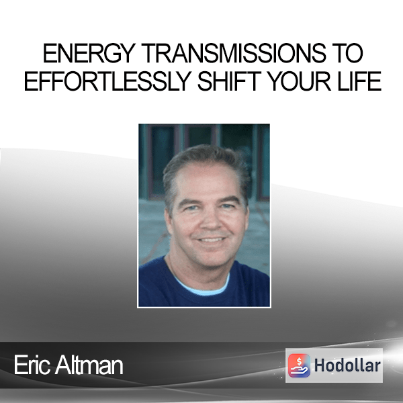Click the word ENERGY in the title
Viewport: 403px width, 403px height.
click(x=89, y=53)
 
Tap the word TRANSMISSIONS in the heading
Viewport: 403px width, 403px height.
click(x=233, y=53)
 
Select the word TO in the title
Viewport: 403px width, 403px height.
click(x=347, y=53)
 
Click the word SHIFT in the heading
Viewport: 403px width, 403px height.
click(x=229, y=81)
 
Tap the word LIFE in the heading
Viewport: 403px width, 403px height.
click(x=359, y=81)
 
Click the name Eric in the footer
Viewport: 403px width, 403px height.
click(x=32, y=365)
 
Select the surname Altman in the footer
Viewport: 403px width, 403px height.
click(x=89, y=365)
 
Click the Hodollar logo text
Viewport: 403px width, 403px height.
click(x=347, y=365)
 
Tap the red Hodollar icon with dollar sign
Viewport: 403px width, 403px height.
click(x=299, y=365)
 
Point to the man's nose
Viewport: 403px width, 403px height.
click(x=212, y=220)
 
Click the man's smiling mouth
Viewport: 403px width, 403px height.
click(x=211, y=240)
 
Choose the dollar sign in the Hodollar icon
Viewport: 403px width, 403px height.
click(x=299, y=361)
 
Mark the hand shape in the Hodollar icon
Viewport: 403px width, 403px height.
click(x=299, y=369)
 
